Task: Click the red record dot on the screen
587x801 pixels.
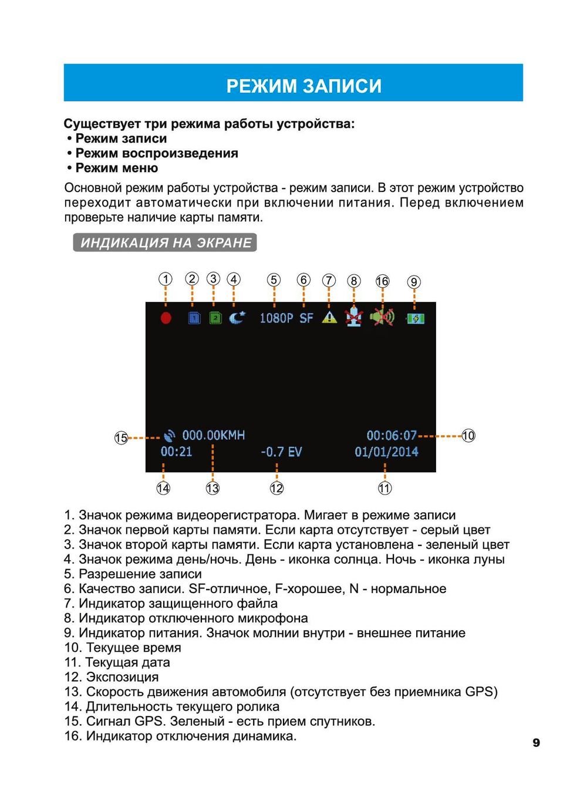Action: click(166, 318)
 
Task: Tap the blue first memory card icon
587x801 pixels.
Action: click(194, 318)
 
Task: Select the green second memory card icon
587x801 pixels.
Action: click(215, 318)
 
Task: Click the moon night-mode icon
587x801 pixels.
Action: click(237, 317)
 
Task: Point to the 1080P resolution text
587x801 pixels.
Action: click(276, 318)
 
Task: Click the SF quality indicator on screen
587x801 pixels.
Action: click(306, 318)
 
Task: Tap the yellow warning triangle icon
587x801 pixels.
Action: click(330, 317)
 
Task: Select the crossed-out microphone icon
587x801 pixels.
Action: click(353, 318)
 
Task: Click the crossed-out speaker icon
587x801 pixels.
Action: click(383, 318)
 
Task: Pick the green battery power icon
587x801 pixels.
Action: click(416, 318)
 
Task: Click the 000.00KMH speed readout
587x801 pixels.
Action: click(213, 435)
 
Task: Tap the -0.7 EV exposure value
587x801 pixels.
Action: click(281, 452)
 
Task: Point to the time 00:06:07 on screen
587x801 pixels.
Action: click(392, 436)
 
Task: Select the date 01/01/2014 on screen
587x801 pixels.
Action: click(386, 452)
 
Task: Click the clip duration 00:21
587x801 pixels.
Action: click(176, 452)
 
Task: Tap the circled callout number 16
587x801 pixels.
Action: click(382, 281)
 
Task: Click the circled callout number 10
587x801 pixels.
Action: click(468, 436)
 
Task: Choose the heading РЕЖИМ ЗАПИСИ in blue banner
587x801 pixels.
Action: click(304, 86)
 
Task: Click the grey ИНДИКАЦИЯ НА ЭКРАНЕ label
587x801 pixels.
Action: click(165, 243)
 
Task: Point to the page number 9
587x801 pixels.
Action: click(536, 743)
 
